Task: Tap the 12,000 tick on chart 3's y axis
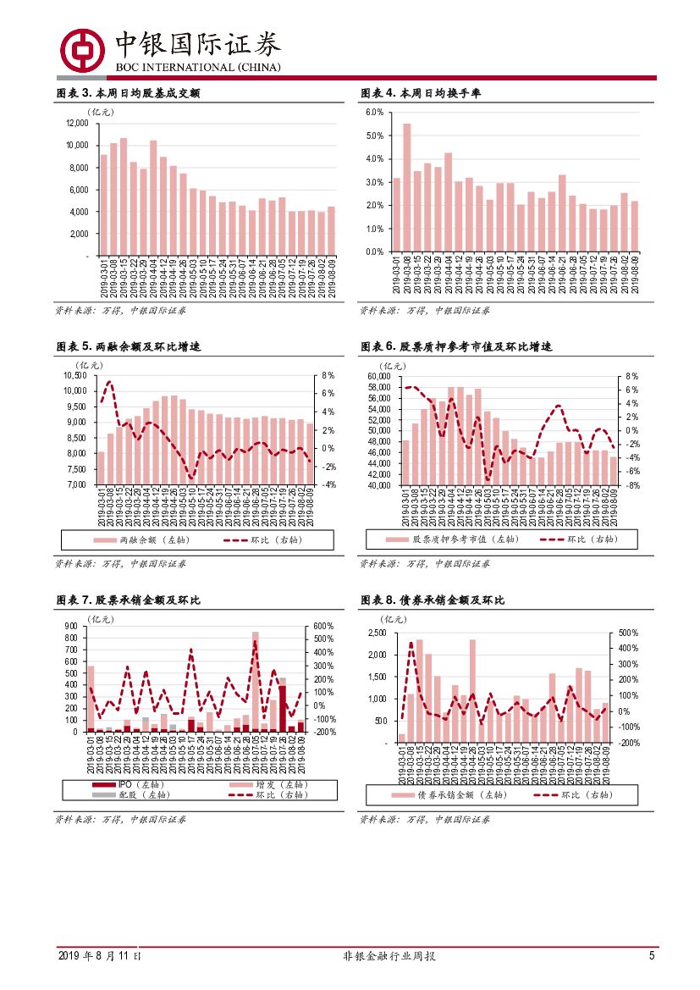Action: click(x=76, y=123)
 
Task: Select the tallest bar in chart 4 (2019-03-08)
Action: click(x=407, y=188)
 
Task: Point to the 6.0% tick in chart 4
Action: click(x=375, y=113)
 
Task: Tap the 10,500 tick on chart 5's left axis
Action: click(x=75, y=375)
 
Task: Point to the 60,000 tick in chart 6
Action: click(x=378, y=375)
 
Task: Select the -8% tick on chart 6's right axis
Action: click(x=631, y=485)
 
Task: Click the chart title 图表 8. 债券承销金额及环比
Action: click(x=433, y=600)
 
